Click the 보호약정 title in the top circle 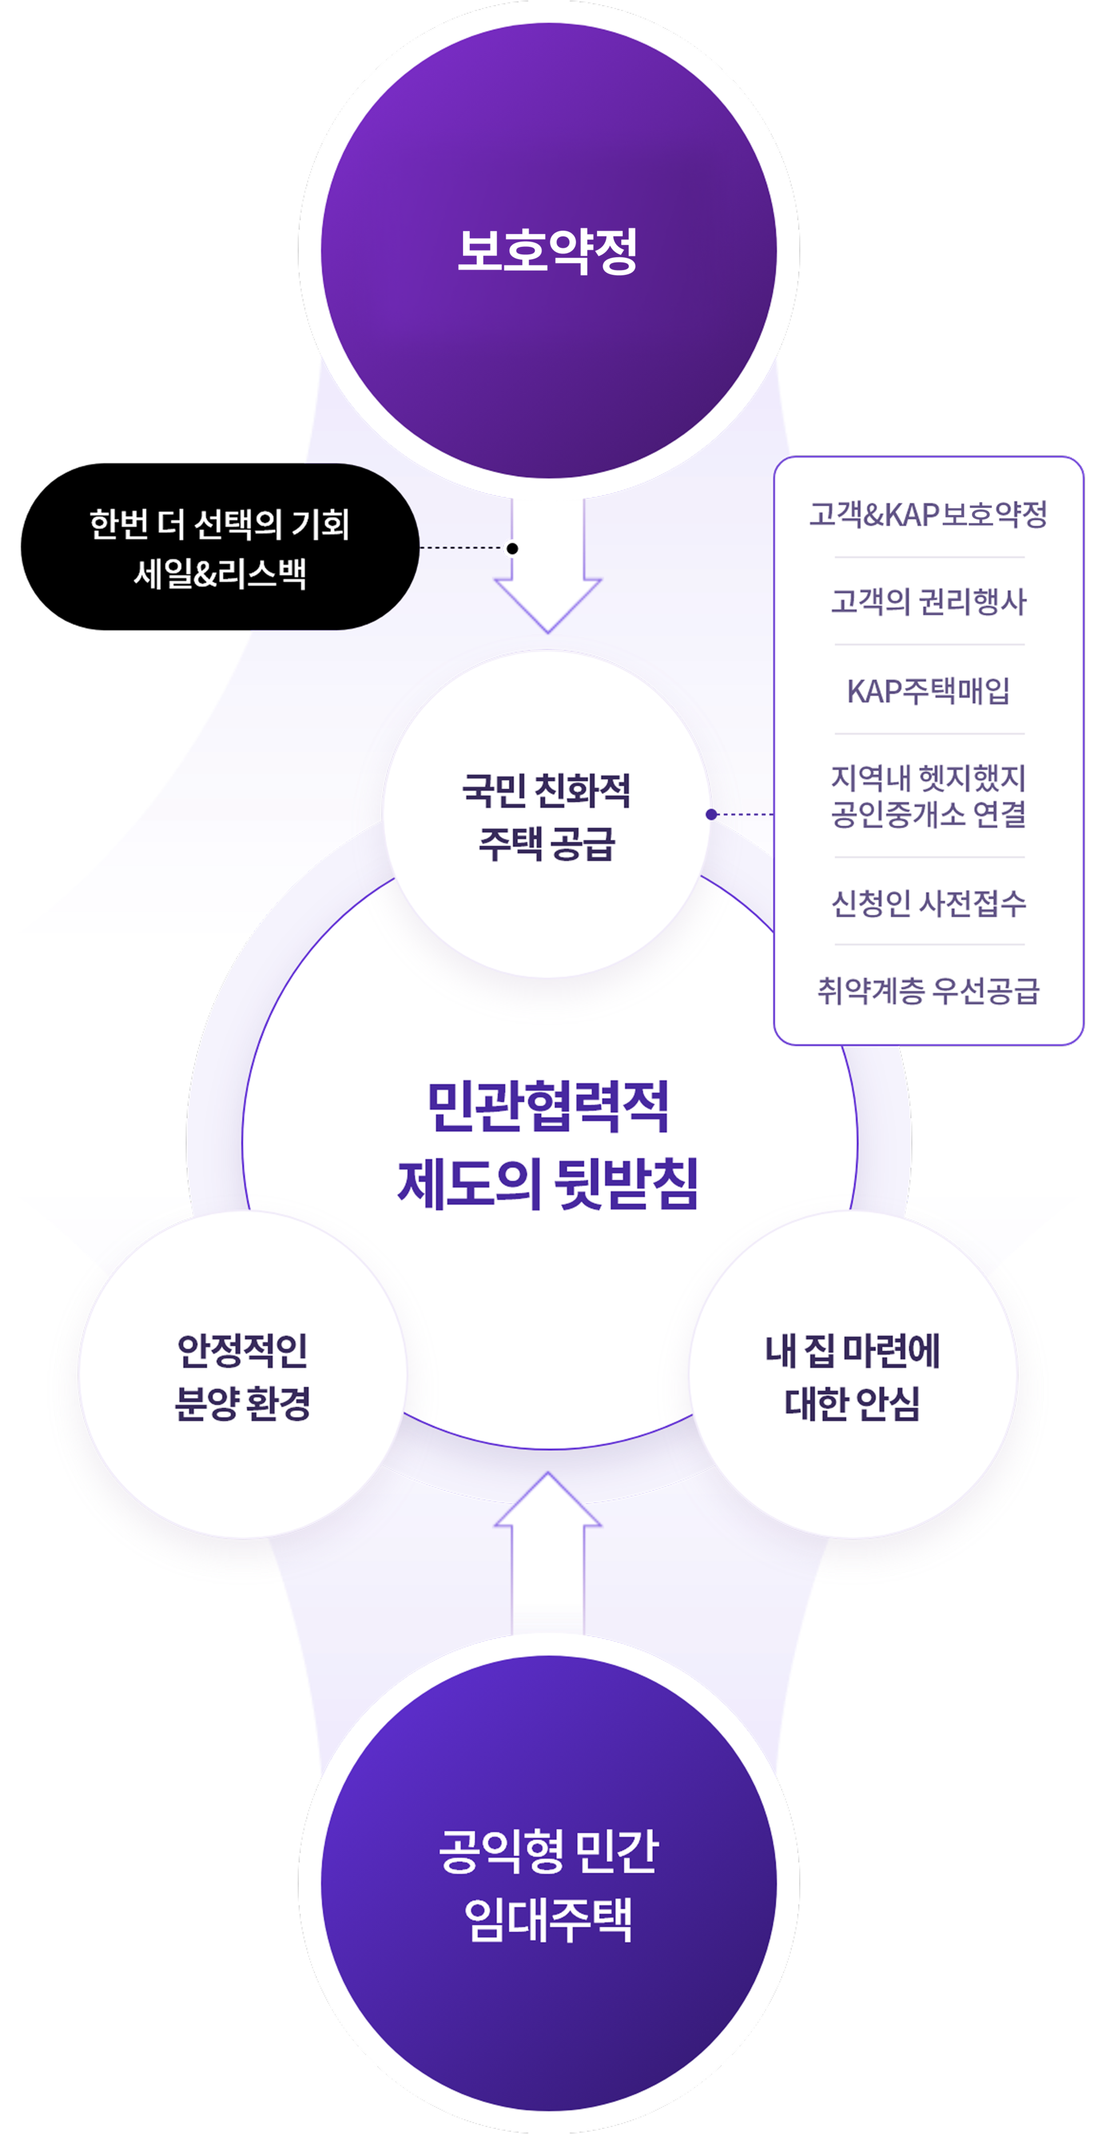(548, 251)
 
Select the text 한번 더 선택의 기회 (220, 525)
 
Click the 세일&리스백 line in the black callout (220, 573)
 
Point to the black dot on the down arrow (512, 549)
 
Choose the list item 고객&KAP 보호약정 (928, 514)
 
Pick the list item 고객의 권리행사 (928, 601)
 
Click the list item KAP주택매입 (928, 690)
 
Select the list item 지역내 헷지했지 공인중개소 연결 (928, 796)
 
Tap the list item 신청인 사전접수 (928, 902)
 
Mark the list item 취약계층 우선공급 (928, 990)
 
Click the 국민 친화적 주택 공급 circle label (546, 817)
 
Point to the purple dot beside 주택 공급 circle (711, 814)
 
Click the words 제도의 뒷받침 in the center (548, 1183)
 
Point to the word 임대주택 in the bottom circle (548, 1920)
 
